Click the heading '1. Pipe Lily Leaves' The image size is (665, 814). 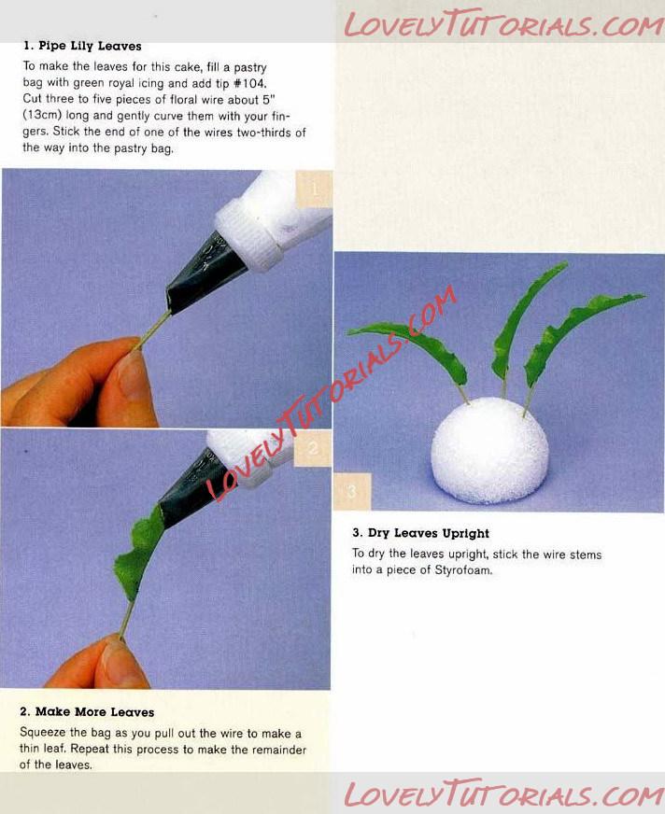pyautogui.click(x=82, y=46)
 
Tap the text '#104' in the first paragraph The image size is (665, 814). pyautogui.click(x=250, y=83)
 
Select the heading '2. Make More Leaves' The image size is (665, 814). pyautogui.click(x=87, y=711)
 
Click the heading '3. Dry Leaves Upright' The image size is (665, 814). pyautogui.click(x=421, y=533)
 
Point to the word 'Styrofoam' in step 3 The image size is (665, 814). pyautogui.click(x=463, y=570)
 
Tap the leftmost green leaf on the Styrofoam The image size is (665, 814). pyautogui.click(x=413, y=349)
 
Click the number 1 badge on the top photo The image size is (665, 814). pyautogui.click(x=314, y=189)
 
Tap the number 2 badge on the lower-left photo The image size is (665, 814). pyautogui.click(x=313, y=448)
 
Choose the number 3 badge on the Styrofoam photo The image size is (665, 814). pyautogui.click(x=352, y=491)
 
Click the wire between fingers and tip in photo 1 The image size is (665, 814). pyautogui.click(x=154, y=330)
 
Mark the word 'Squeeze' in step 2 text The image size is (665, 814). pyautogui.click(x=43, y=733)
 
